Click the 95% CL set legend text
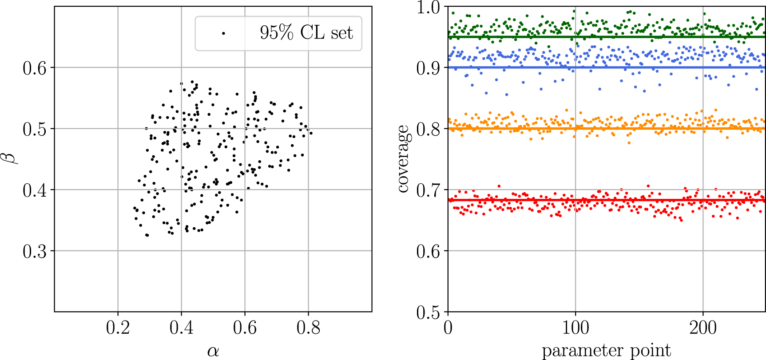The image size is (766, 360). click(306, 33)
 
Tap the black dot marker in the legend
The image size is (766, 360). click(223, 33)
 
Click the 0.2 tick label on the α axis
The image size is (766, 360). click(118, 328)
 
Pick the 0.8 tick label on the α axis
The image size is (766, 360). click(308, 328)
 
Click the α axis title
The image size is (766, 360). click(213, 351)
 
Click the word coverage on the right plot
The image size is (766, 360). click(403, 159)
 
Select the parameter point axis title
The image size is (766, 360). click(606, 351)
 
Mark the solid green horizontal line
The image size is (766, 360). click(511, 37)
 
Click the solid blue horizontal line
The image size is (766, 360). click(511, 67)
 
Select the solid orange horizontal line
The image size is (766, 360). click(511, 129)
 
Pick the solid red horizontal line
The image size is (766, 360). click(511, 200)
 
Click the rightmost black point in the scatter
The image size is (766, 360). click(311, 133)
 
